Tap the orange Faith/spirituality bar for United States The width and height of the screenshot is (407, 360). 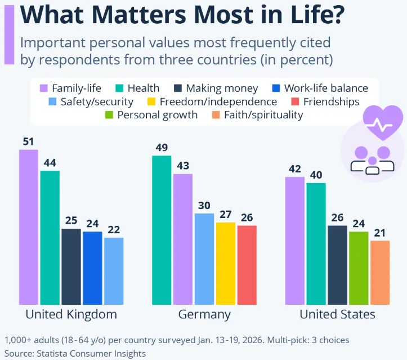380,273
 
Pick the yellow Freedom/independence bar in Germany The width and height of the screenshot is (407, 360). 226,263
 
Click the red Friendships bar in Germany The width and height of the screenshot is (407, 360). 247,265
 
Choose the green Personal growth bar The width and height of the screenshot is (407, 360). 359,268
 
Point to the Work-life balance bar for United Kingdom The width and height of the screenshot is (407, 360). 92,268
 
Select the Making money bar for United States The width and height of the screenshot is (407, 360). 337,265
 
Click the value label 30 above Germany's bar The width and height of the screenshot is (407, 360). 204,205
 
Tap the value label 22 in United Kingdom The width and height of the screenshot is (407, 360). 113,229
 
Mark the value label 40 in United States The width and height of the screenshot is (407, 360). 316,175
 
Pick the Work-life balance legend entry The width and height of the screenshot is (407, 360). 319,88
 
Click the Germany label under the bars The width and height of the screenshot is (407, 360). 204,314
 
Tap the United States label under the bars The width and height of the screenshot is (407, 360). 337,314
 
